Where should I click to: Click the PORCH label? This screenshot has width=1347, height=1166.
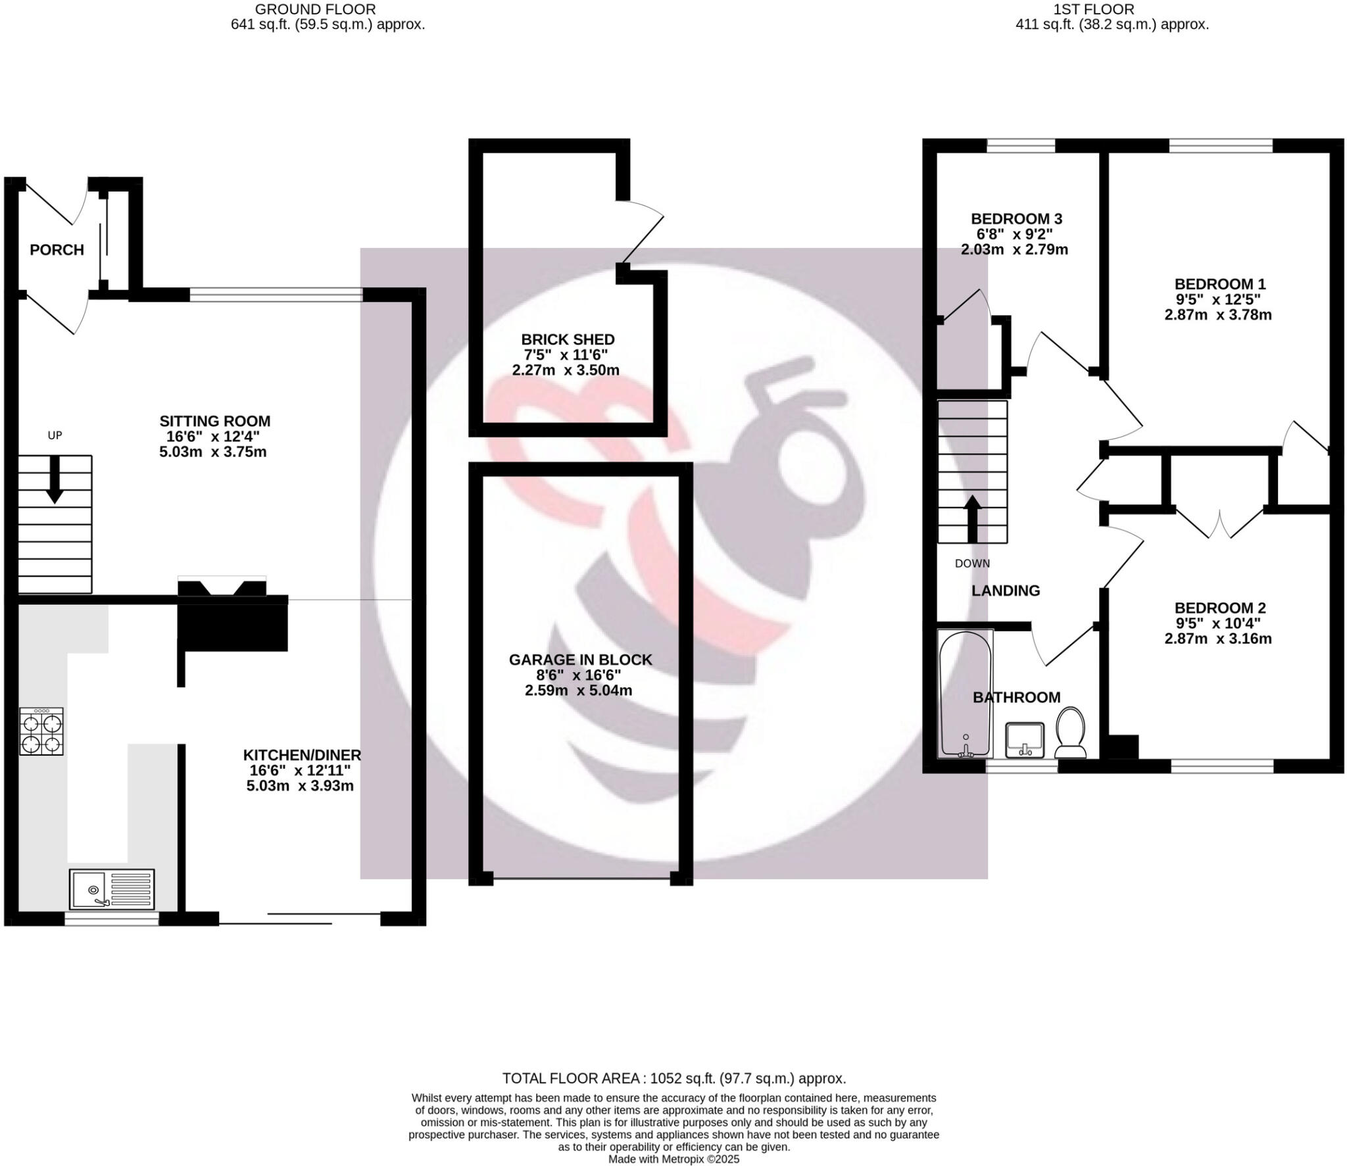click(57, 250)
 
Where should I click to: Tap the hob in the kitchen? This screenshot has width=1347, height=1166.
click(41, 731)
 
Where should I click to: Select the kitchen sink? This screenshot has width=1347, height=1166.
click(112, 889)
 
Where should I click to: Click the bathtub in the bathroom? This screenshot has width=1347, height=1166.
click(965, 694)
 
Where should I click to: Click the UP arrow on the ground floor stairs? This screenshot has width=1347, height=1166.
click(55, 478)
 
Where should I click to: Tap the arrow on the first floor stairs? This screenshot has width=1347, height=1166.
click(972, 518)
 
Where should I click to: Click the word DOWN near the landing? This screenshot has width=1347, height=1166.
click(972, 564)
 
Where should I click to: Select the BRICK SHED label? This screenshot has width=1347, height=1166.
click(568, 339)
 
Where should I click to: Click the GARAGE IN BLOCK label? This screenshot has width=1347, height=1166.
click(580, 660)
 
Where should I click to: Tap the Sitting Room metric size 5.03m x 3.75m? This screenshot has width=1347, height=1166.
click(213, 452)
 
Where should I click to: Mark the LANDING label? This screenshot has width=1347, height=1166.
click(1006, 591)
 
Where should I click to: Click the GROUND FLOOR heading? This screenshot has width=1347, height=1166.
click(315, 9)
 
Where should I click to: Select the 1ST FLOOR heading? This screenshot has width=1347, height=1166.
click(1112, 9)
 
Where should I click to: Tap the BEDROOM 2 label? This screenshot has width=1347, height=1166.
click(1219, 608)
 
